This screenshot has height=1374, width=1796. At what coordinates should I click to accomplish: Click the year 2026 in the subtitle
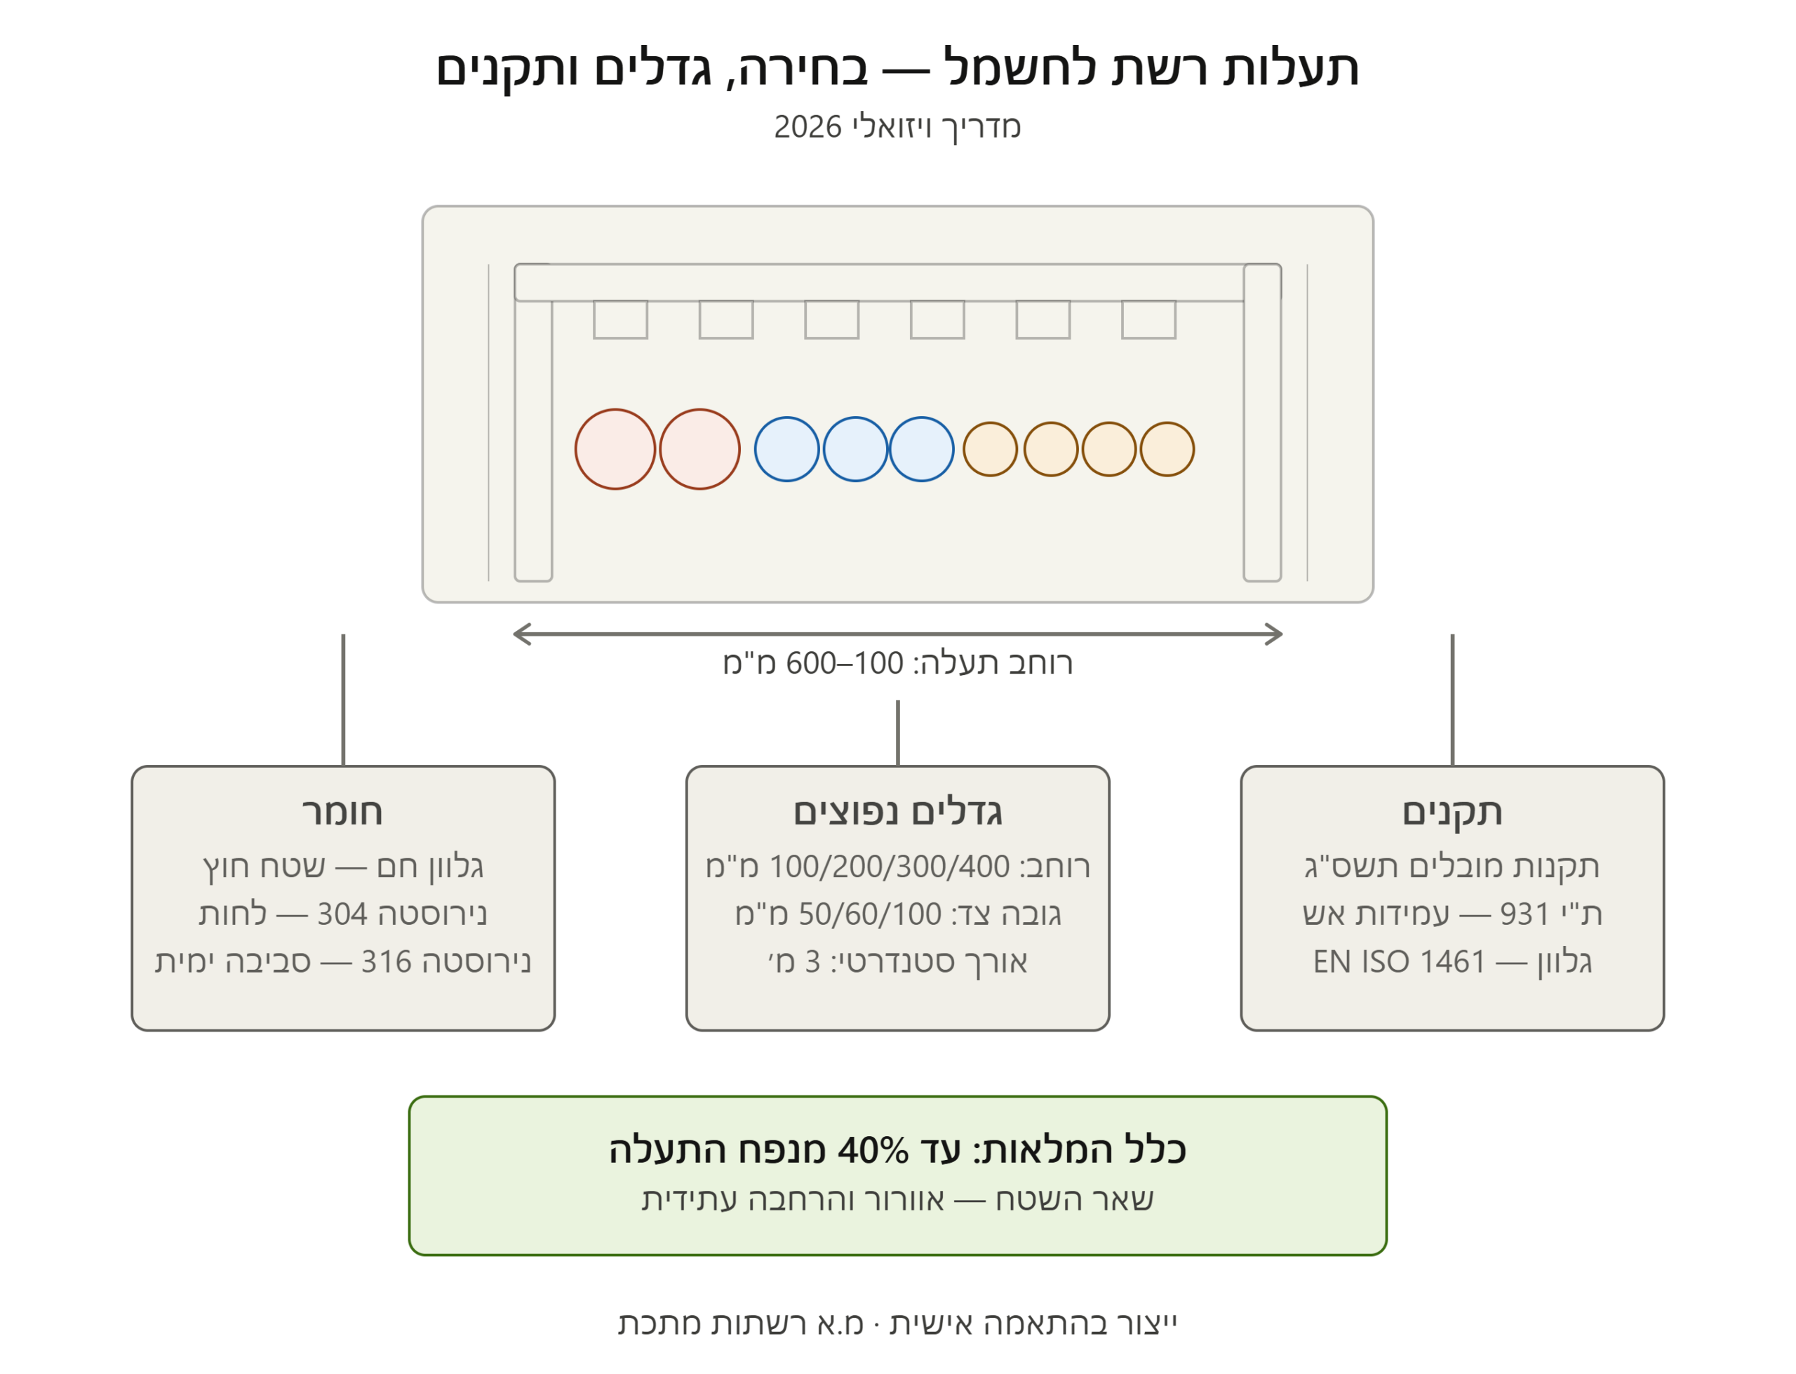(x=807, y=127)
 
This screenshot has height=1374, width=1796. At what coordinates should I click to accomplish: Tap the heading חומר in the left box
(x=342, y=812)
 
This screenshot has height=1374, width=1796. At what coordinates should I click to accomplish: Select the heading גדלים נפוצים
(x=897, y=812)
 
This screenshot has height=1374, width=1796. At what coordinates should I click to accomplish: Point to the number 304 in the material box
(x=342, y=914)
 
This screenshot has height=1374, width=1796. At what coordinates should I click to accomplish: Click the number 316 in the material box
(x=387, y=962)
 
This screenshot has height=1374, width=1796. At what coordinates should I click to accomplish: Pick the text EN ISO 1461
(x=1399, y=962)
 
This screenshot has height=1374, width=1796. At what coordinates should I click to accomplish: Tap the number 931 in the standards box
(x=1524, y=914)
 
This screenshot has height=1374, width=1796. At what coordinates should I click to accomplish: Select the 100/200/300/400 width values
(x=890, y=867)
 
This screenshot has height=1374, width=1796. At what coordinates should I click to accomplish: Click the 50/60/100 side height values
(x=870, y=914)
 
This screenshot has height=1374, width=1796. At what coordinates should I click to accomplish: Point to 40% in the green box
(x=873, y=1151)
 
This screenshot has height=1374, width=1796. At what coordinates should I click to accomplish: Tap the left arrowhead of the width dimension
(x=515, y=634)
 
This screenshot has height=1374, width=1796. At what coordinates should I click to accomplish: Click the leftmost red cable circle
(x=615, y=449)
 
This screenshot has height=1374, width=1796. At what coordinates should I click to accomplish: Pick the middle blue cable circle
(x=855, y=449)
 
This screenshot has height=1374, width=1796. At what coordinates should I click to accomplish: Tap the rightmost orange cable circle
(x=1167, y=449)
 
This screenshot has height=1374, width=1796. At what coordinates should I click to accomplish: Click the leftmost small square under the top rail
(x=620, y=319)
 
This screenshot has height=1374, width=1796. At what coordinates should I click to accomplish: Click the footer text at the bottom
(x=897, y=1323)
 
